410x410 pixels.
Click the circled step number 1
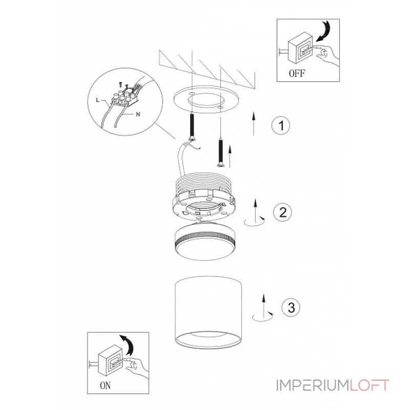(x=281, y=126)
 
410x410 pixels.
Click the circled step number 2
(x=282, y=212)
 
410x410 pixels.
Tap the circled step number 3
(x=291, y=307)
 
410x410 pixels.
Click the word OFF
(x=297, y=73)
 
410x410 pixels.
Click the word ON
(x=105, y=385)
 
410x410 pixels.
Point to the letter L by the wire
(x=98, y=100)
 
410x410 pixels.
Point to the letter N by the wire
(x=138, y=114)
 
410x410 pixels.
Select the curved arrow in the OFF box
(x=324, y=31)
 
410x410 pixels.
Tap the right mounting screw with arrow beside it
(x=221, y=153)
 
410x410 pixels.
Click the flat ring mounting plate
(x=207, y=99)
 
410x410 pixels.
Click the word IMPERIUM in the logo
(x=313, y=385)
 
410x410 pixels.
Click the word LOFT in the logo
(x=370, y=385)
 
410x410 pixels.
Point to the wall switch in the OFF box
(x=300, y=48)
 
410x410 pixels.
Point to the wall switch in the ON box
(x=110, y=360)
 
